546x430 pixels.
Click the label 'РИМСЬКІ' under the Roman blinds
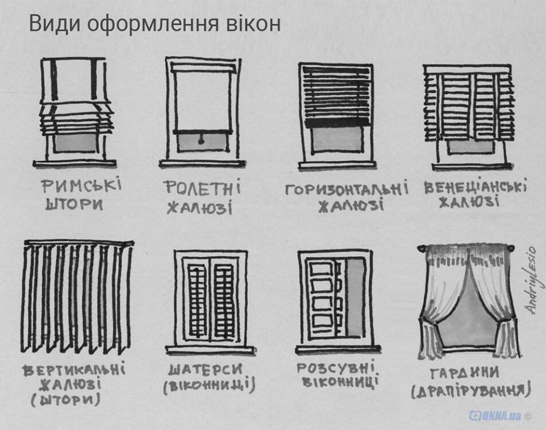coord(81,186)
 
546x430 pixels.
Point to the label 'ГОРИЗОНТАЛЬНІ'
coord(346,189)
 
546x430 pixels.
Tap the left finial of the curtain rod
coord(420,248)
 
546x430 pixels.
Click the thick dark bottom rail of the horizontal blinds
coord(336,122)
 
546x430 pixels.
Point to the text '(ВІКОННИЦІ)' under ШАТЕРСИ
coord(209,386)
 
